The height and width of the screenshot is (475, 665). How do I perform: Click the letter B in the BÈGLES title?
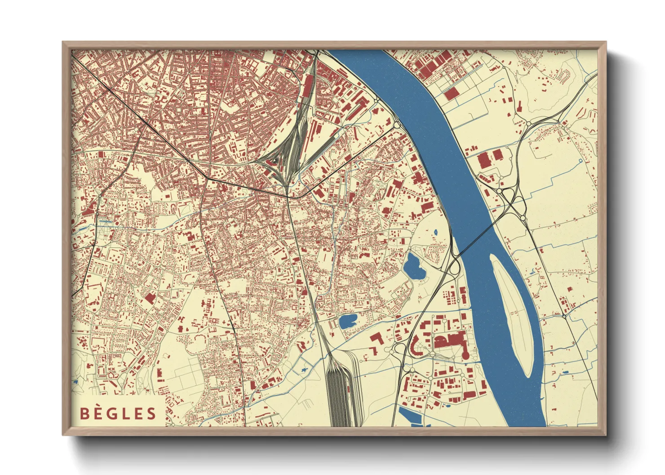(x=84, y=413)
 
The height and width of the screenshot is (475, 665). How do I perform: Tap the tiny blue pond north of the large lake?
(x=436, y=233)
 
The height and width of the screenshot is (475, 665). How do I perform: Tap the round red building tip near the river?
(x=465, y=355)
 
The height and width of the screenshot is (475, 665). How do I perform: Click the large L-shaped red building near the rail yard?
(x=377, y=339)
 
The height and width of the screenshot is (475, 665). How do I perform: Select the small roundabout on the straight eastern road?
(x=564, y=316)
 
